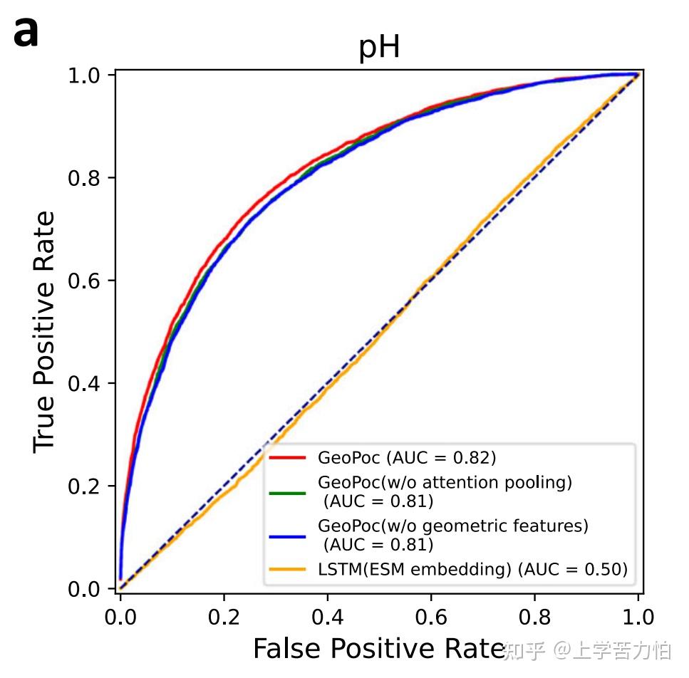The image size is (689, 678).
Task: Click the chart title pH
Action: (x=379, y=48)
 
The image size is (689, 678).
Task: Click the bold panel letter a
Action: (x=26, y=32)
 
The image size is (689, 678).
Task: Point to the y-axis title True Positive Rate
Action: (x=44, y=332)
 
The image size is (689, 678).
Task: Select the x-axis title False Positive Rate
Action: (x=379, y=648)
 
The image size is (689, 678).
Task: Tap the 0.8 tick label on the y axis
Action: (x=84, y=178)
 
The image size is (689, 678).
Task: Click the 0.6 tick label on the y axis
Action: (x=84, y=281)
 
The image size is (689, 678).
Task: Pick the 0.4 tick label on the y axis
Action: (x=84, y=384)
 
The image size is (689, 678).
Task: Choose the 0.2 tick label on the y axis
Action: (x=84, y=486)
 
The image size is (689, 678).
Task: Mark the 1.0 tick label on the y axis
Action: (x=84, y=75)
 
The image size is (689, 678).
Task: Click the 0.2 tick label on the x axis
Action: (x=224, y=617)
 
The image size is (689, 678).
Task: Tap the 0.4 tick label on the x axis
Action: (x=328, y=617)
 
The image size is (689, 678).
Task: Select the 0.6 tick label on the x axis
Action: (x=431, y=617)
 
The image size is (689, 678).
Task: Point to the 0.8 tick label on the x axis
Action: (x=535, y=617)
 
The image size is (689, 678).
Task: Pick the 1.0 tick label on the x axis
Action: (x=638, y=617)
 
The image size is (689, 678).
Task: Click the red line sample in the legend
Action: (x=287, y=457)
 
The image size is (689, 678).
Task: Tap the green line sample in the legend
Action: (x=287, y=493)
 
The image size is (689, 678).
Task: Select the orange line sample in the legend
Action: (x=287, y=570)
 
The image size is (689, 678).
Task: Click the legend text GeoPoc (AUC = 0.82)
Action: (x=407, y=457)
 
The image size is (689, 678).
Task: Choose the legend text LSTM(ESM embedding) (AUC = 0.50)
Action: (x=473, y=569)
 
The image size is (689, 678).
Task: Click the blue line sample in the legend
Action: (x=287, y=536)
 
